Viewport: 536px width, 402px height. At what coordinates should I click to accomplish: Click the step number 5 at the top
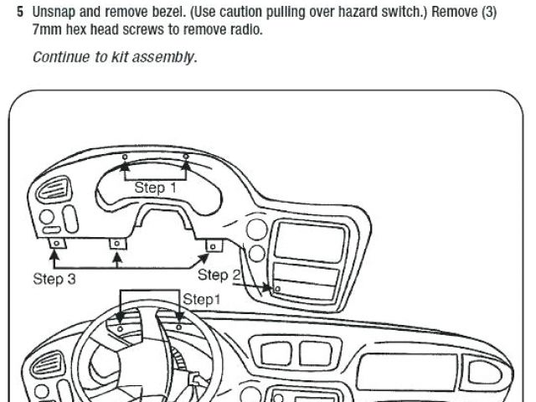20,14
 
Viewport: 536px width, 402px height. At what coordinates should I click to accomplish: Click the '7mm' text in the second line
48,30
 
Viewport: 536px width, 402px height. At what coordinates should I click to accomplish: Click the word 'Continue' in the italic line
60,58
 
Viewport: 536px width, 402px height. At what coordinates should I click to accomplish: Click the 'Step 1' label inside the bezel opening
155,188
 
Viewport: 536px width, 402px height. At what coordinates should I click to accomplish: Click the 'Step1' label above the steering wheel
202,299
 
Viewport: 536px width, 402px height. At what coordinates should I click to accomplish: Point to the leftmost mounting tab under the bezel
56,244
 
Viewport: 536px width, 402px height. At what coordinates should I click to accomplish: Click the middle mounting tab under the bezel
117,244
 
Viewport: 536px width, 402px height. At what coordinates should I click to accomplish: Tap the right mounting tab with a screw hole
213,245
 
